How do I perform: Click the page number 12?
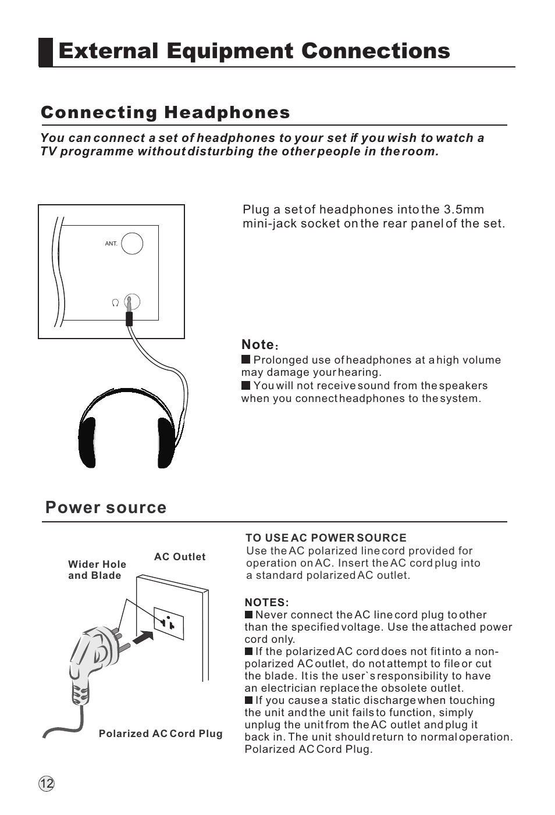(47, 784)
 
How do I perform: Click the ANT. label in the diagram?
(111, 244)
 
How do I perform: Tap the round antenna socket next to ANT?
(132, 243)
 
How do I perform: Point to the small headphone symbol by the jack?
(115, 302)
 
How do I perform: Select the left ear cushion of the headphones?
(87, 442)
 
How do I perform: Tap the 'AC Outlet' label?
(180, 557)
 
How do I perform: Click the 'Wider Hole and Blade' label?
(97, 570)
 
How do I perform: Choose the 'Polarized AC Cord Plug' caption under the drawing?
(161, 734)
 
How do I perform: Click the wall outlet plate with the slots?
(169, 622)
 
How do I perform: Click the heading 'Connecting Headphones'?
(165, 112)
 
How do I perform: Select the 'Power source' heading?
(106, 507)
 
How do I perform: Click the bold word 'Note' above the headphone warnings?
(258, 344)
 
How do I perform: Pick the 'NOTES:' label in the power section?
(266, 602)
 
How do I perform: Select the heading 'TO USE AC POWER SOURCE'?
(326, 538)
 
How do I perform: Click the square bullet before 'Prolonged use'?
(246, 360)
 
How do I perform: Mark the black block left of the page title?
(46, 52)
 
